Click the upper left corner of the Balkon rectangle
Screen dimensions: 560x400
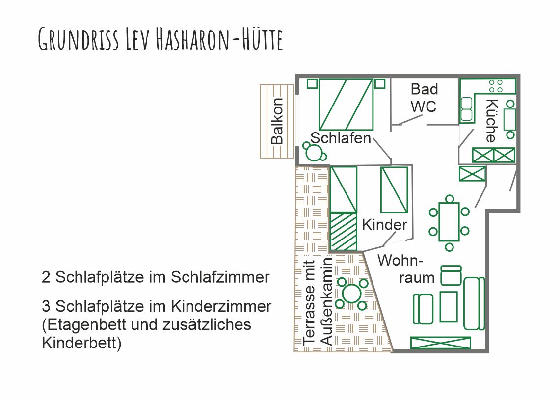pyautogui.click(x=260, y=85)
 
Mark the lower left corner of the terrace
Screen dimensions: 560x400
pyautogui.click(x=294, y=352)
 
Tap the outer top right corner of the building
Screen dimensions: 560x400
pyautogui.click(x=519, y=75)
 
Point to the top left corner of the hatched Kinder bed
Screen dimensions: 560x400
pyautogui.click(x=330, y=213)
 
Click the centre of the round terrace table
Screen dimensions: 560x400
pyautogui.click(x=352, y=293)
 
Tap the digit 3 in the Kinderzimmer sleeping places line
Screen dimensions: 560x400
pyautogui.click(x=46, y=306)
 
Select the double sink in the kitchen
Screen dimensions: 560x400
pyautogui.click(x=466, y=109)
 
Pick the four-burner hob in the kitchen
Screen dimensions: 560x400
pyautogui.click(x=496, y=86)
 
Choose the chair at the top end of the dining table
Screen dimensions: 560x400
pyautogui.click(x=450, y=199)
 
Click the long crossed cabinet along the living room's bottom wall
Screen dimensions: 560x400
pyautogui.click(x=441, y=343)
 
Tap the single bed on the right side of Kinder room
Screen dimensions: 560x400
pyautogui.click(x=394, y=190)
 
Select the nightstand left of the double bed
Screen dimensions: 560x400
pyautogui.click(x=312, y=83)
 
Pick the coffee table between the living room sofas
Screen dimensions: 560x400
pyautogui.click(x=449, y=307)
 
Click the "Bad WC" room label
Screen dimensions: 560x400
pyautogui.click(x=424, y=98)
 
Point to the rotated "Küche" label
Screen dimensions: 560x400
pyautogui.click(x=492, y=121)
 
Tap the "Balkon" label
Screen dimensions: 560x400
pyautogui.click(x=277, y=121)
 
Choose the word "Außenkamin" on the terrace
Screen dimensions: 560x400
pyautogui.click(x=327, y=302)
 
